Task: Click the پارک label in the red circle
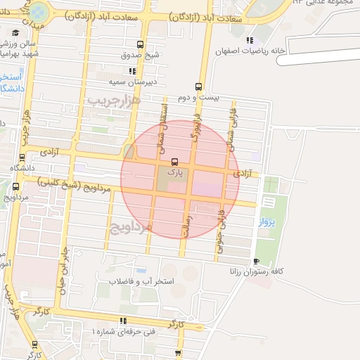(x=174, y=171)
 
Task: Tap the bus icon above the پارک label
(x=174, y=162)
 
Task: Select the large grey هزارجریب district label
(x=115, y=101)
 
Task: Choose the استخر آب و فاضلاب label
(x=145, y=281)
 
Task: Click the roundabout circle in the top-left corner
(x=39, y=12)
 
